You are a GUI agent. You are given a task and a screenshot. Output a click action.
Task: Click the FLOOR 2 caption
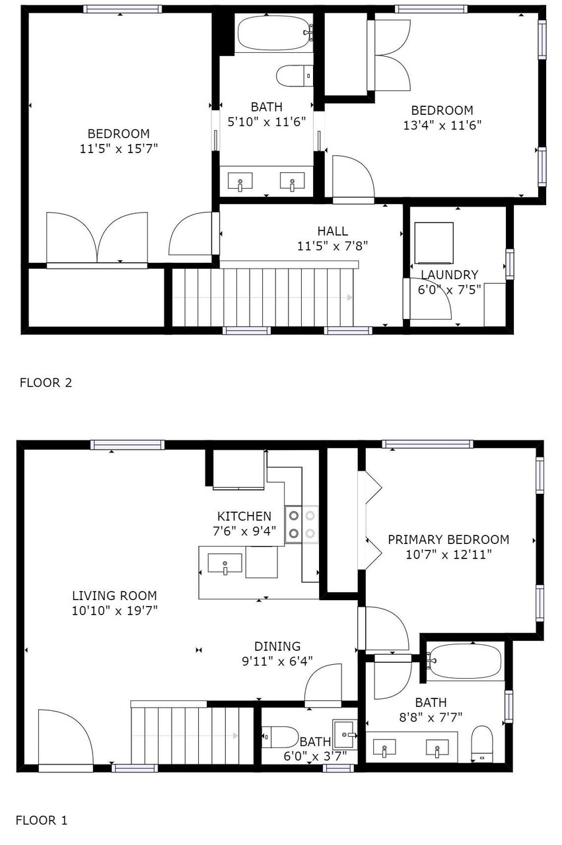point(46,382)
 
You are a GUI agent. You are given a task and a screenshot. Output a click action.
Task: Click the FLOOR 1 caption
point(42,820)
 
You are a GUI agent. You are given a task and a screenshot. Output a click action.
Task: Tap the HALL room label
point(333,231)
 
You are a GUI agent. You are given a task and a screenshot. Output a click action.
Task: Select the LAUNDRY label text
point(450,275)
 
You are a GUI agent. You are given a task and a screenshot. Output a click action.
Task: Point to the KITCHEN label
point(244,516)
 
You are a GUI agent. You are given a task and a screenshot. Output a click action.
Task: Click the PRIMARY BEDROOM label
point(448,539)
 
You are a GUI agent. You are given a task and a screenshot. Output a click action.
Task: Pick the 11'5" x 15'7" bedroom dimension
point(118,149)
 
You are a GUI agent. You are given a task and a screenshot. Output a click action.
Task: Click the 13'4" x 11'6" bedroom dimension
point(442,125)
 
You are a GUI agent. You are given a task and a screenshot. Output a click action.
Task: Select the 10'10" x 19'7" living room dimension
point(114,611)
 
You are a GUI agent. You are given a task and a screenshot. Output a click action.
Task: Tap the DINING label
point(277,646)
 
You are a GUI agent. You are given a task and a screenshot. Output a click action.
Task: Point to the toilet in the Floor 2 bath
point(295,76)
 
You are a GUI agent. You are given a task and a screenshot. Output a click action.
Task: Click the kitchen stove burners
point(302,524)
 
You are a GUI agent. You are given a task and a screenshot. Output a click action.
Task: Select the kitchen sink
point(225,564)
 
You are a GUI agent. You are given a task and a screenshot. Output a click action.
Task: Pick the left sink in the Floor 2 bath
point(240,182)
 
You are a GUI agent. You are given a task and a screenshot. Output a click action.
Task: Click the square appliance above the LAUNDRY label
point(434,244)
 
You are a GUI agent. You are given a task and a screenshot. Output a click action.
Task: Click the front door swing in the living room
point(65,738)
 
